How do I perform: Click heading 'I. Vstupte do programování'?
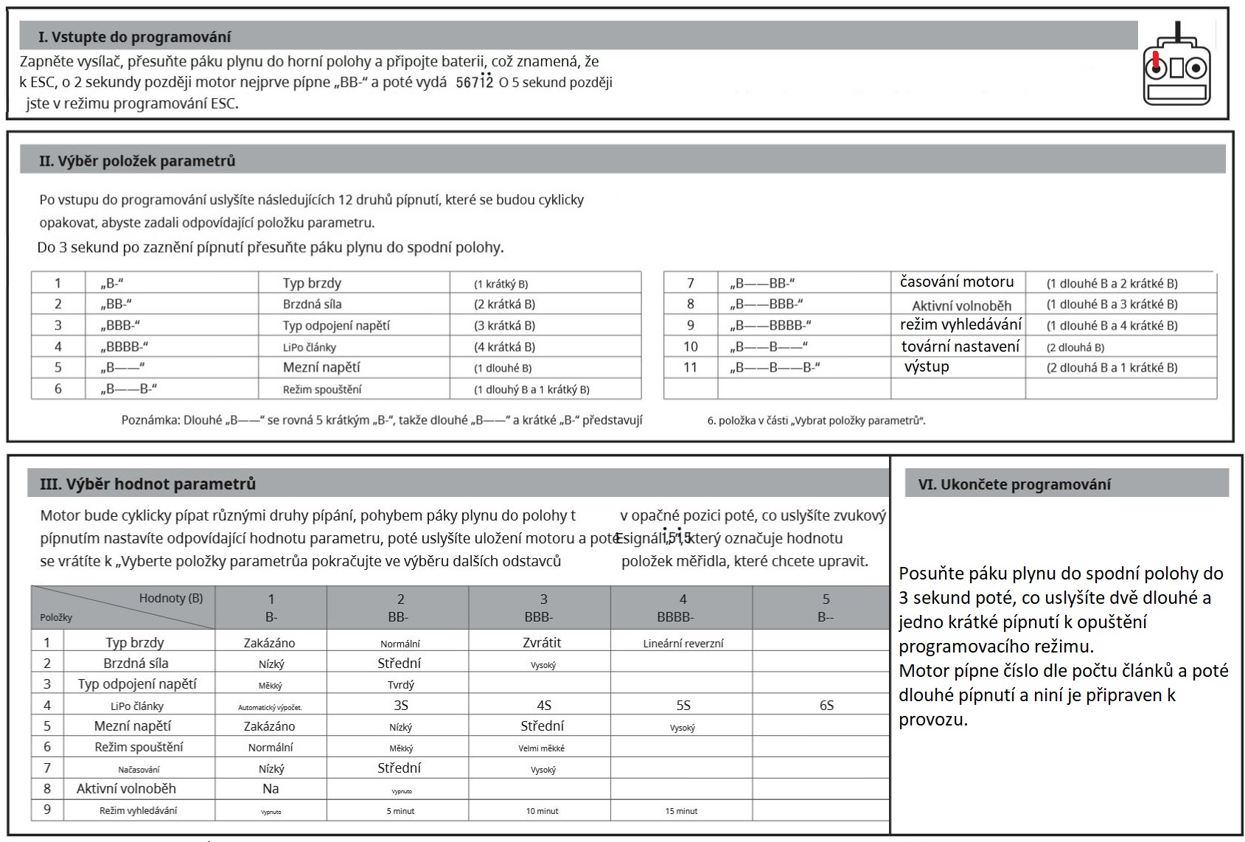135,37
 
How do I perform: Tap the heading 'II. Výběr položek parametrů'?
137,161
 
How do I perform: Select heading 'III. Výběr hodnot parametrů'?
147,484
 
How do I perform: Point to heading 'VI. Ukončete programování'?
1014,484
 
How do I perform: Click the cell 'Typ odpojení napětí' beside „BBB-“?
336,326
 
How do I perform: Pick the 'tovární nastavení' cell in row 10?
960,347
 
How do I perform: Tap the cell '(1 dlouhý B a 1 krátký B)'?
531,389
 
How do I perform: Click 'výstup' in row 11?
927,367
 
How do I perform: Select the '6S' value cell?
826,706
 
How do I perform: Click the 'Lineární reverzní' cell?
683,644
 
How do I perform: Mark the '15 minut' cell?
681,811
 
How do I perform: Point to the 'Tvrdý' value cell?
401,685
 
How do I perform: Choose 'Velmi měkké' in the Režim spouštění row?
541,748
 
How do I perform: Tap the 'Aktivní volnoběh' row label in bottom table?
126,789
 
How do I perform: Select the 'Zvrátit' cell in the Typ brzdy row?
542,643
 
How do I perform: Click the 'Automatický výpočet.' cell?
270,707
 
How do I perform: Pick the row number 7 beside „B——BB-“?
690,283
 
